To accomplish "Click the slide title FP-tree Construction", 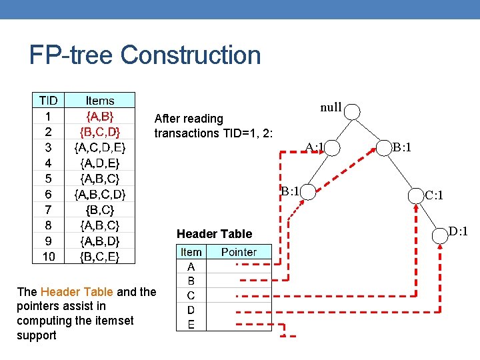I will (x=145, y=55).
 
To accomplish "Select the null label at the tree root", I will (x=331, y=107).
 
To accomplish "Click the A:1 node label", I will (x=315, y=147).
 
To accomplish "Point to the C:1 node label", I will (x=435, y=195).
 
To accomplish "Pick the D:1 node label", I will (x=458, y=231).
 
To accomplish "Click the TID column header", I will (x=48, y=101).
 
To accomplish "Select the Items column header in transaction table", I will (x=100, y=101).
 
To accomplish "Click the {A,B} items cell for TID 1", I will (x=100, y=116).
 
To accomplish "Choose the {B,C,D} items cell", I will (x=100, y=131).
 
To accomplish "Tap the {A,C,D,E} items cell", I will (x=100, y=147).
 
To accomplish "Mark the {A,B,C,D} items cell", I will (x=100, y=194).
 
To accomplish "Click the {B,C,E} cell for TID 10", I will (x=100, y=256).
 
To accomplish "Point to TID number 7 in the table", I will (x=48, y=209).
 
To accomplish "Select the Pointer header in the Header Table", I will (x=239, y=252).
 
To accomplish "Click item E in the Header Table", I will (x=191, y=325).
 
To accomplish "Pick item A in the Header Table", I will (x=191, y=266).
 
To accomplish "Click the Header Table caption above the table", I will (x=214, y=233).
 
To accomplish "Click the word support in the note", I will (x=37, y=335).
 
